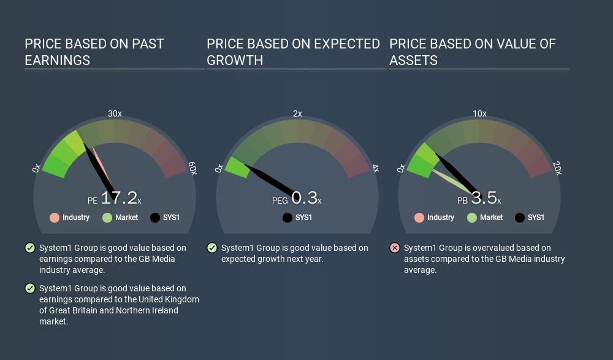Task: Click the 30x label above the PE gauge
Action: (115, 113)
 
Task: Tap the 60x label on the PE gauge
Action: (192, 168)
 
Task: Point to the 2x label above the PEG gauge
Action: (297, 113)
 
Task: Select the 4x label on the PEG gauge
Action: (376, 169)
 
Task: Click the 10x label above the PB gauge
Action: (480, 113)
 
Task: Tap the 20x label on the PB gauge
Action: (557, 168)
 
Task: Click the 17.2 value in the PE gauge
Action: (119, 197)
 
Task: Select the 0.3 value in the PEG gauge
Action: (304, 197)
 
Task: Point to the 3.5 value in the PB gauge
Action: (484, 197)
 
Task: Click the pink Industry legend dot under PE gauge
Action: (55, 218)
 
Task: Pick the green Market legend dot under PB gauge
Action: (472, 218)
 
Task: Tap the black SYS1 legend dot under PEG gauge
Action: (287, 218)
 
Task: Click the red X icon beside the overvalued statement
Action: (395, 248)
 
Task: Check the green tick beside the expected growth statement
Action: (212, 248)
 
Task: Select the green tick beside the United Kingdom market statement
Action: (29, 288)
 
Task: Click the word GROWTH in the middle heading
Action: (235, 61)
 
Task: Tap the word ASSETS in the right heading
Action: (414, 61)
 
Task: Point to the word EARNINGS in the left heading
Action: (58, 61)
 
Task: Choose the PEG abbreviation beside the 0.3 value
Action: (280, 201)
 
